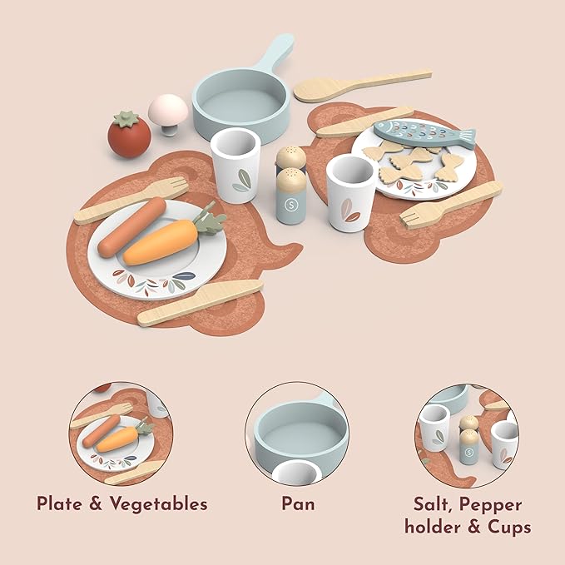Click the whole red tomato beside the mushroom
coord(129,135)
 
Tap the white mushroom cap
coord(168,108)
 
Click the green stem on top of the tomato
coord(126,118)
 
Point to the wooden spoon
coord(362,85)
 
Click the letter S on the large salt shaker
coord(290,205)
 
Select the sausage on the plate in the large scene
coord(131,227)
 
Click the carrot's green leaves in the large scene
coord(208,220)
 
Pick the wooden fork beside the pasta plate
coord(451,205)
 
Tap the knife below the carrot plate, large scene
coord(201,303)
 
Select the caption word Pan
coord(298,503)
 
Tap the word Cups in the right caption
coord(509,528)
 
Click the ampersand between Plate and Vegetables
coord(96,503)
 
